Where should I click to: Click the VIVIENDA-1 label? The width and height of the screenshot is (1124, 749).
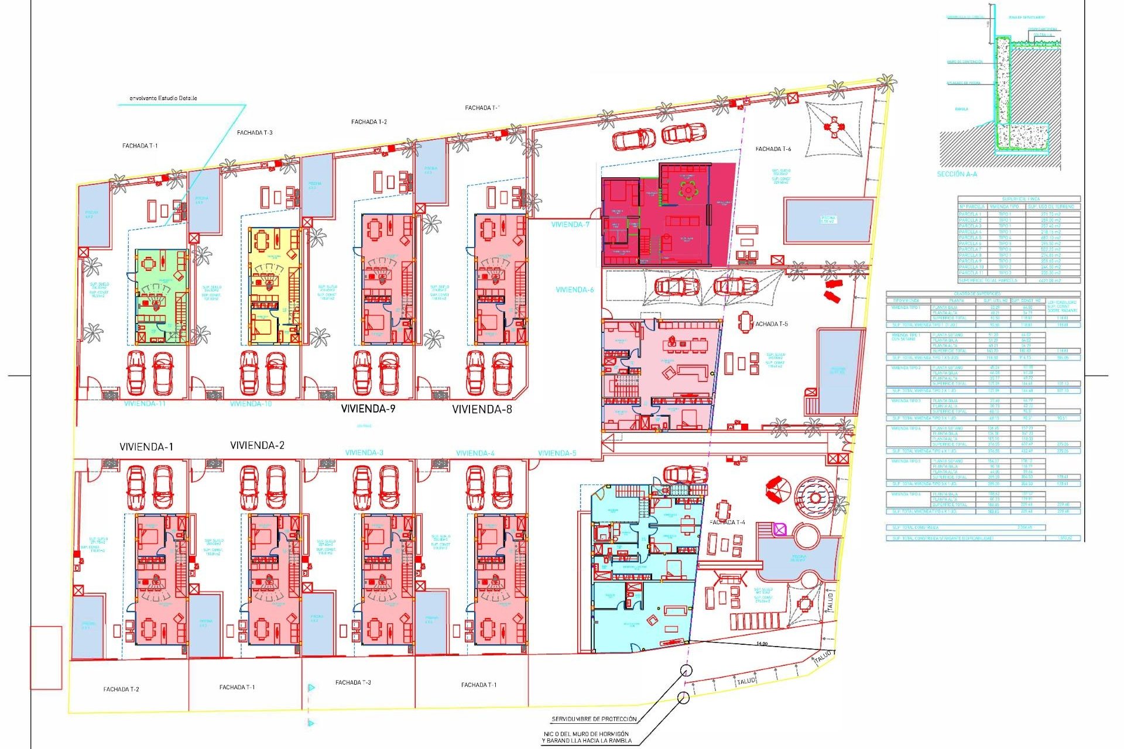pos(146,447)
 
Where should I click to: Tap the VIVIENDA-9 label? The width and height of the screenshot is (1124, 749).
pos(368,409)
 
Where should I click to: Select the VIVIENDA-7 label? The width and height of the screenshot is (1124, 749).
pos(570,225)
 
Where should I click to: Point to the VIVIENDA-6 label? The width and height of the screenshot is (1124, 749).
pos(574,290)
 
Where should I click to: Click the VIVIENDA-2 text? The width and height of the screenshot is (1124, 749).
pos(257,446)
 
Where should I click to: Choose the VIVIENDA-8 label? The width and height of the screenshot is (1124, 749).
pos(482,410)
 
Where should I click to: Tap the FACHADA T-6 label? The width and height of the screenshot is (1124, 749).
pos(773,149)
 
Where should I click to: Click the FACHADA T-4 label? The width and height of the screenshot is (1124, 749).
pos(727,523)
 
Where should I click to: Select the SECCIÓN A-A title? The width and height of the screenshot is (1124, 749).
pos(957,174)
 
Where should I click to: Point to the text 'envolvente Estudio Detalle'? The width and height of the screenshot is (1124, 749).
pos(163,98)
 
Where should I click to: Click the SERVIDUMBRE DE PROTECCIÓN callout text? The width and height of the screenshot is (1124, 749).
pos(594,719)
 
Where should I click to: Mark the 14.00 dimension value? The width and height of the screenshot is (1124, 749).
pos(761,644)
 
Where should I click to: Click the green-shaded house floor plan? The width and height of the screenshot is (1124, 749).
pos(162,296)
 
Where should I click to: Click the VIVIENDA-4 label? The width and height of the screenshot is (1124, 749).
pos(475,453)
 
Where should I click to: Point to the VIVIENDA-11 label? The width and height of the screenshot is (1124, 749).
pos(144,404)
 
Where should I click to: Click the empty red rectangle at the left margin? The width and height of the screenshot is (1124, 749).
pos(46,658)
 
